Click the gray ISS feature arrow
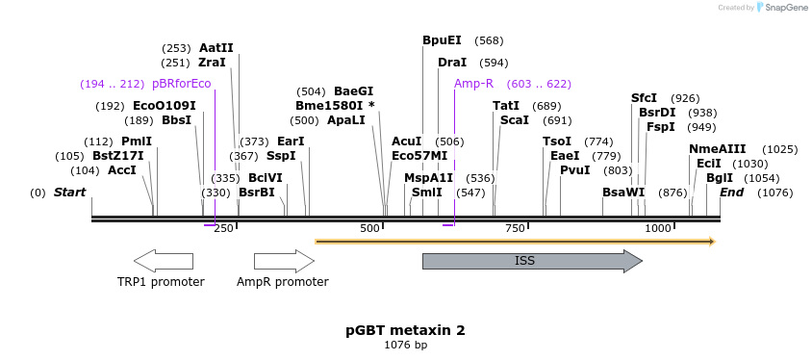(x=531, y=261)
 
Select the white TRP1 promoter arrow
(x=163, y=261)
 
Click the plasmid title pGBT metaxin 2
(x=405, y=330)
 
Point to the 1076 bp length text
(x=405, y=345)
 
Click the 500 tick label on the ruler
(x=370, y=228)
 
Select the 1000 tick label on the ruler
(x=658, y=228)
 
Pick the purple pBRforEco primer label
(x=181, y=84)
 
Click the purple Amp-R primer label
(x=473, y=84)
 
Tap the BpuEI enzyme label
(x=442, y=40)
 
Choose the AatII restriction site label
(x=216, y=47)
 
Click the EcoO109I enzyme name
(x=164, y=106)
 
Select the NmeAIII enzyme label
(x=717, y=149)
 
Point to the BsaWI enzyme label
(x=623, y=193)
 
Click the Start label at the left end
(x=69, y=193)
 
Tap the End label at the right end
(x=731, y=193)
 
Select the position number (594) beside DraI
(x=494, y=63)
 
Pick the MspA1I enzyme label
(x=428, y=178)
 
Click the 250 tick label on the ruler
(x=223, y=228)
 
